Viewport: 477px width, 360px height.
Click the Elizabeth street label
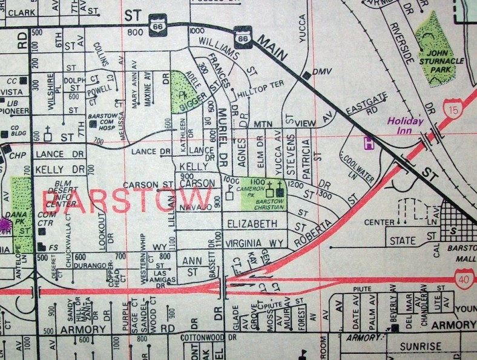pos(252,224)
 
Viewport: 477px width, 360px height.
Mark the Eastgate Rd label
pos(362,110)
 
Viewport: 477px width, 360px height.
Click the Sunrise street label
pos(407,347)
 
